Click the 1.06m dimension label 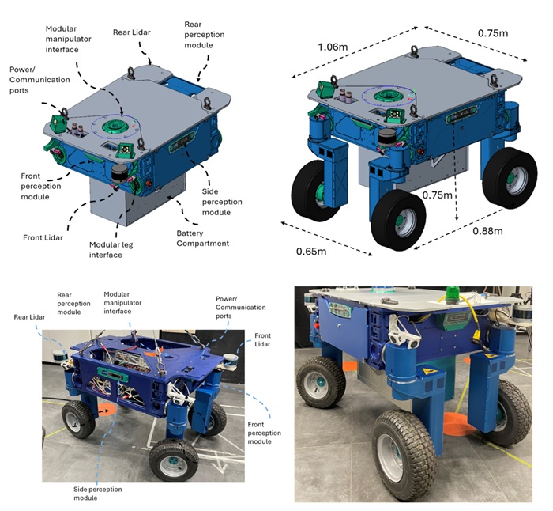point(333,47)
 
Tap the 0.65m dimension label point(311,252)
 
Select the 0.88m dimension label point(487,231)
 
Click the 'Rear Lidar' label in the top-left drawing point(132,32)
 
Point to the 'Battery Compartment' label point(203,238)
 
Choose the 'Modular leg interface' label point(111,250)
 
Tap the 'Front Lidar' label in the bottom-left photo point(262,339)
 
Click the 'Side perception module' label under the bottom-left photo point(98,494)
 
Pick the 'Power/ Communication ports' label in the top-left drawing point(39,80)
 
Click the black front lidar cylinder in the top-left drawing point(119,173)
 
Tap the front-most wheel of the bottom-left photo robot point(174,460)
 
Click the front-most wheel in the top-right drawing point(398,220)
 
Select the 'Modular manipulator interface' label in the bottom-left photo point(122,303)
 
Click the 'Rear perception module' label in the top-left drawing point(204,35)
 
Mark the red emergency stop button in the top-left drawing point(149,184)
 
